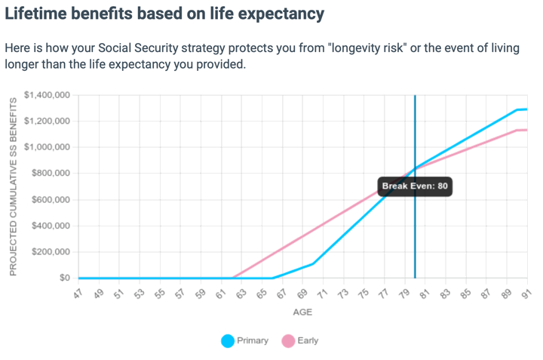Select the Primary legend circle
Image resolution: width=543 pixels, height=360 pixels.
tap(228, 341)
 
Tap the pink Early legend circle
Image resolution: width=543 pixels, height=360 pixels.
tap(288, 341)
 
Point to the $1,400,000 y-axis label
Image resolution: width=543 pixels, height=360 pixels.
tap(47, 95)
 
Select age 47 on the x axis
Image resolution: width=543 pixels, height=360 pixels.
tap(78, 293)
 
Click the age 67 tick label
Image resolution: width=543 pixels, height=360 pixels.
tap(281, 293)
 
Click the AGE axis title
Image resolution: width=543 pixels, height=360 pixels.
tap(302, 312)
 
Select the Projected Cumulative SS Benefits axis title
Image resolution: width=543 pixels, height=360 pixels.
tap(13, 186)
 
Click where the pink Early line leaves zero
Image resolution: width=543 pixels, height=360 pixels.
tap(233, 278)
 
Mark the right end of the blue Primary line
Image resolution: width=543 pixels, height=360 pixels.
tap(526, 109)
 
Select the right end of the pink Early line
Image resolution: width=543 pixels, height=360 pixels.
tap(526, 130)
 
